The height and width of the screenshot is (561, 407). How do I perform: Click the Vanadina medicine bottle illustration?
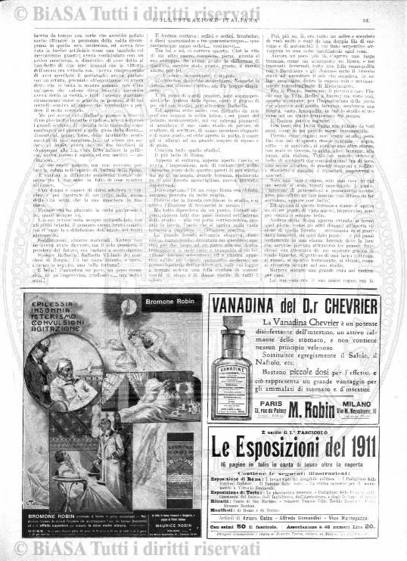point(233,381)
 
